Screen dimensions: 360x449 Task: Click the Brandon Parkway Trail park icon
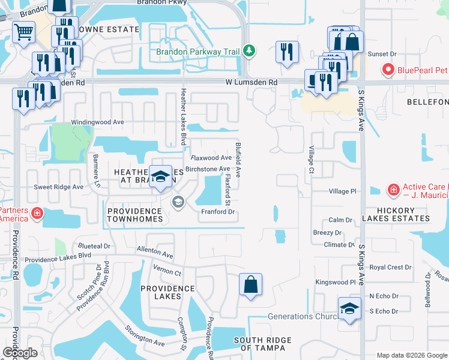248,52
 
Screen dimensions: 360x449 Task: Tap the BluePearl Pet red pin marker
387,70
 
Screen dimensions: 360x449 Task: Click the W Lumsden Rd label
252,82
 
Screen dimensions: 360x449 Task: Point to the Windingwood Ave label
97,122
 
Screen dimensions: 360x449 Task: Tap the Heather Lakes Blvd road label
182,117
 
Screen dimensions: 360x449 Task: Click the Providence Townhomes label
134,215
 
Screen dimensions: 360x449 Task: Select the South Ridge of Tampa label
263,344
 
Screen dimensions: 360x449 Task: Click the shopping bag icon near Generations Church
250,284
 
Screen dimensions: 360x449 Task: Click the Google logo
20,353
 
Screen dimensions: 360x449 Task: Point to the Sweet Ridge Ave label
58,187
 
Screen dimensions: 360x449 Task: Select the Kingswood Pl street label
336,282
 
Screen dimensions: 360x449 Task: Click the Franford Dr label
217,211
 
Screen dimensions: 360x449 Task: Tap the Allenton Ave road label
155,251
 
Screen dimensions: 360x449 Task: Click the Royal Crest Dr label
390,268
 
